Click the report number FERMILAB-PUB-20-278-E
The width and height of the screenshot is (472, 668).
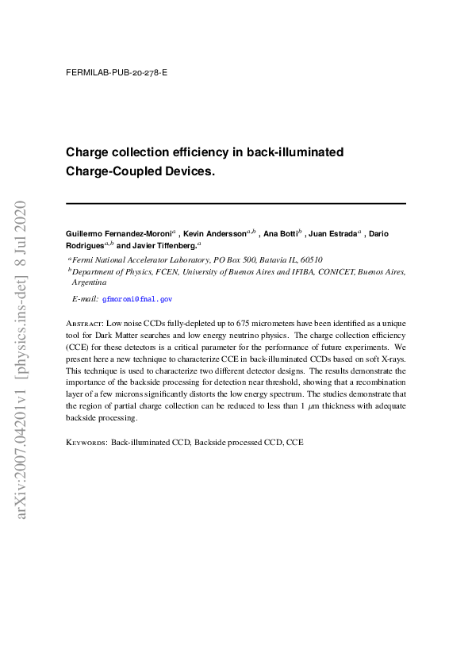point(117,72)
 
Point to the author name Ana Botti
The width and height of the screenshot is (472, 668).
point(281,234)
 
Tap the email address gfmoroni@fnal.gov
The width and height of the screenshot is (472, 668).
point(136,299)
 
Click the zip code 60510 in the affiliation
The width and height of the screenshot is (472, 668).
point(311,259)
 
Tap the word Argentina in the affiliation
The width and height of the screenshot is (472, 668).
point(90,282)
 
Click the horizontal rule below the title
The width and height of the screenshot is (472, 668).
point(236,204)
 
